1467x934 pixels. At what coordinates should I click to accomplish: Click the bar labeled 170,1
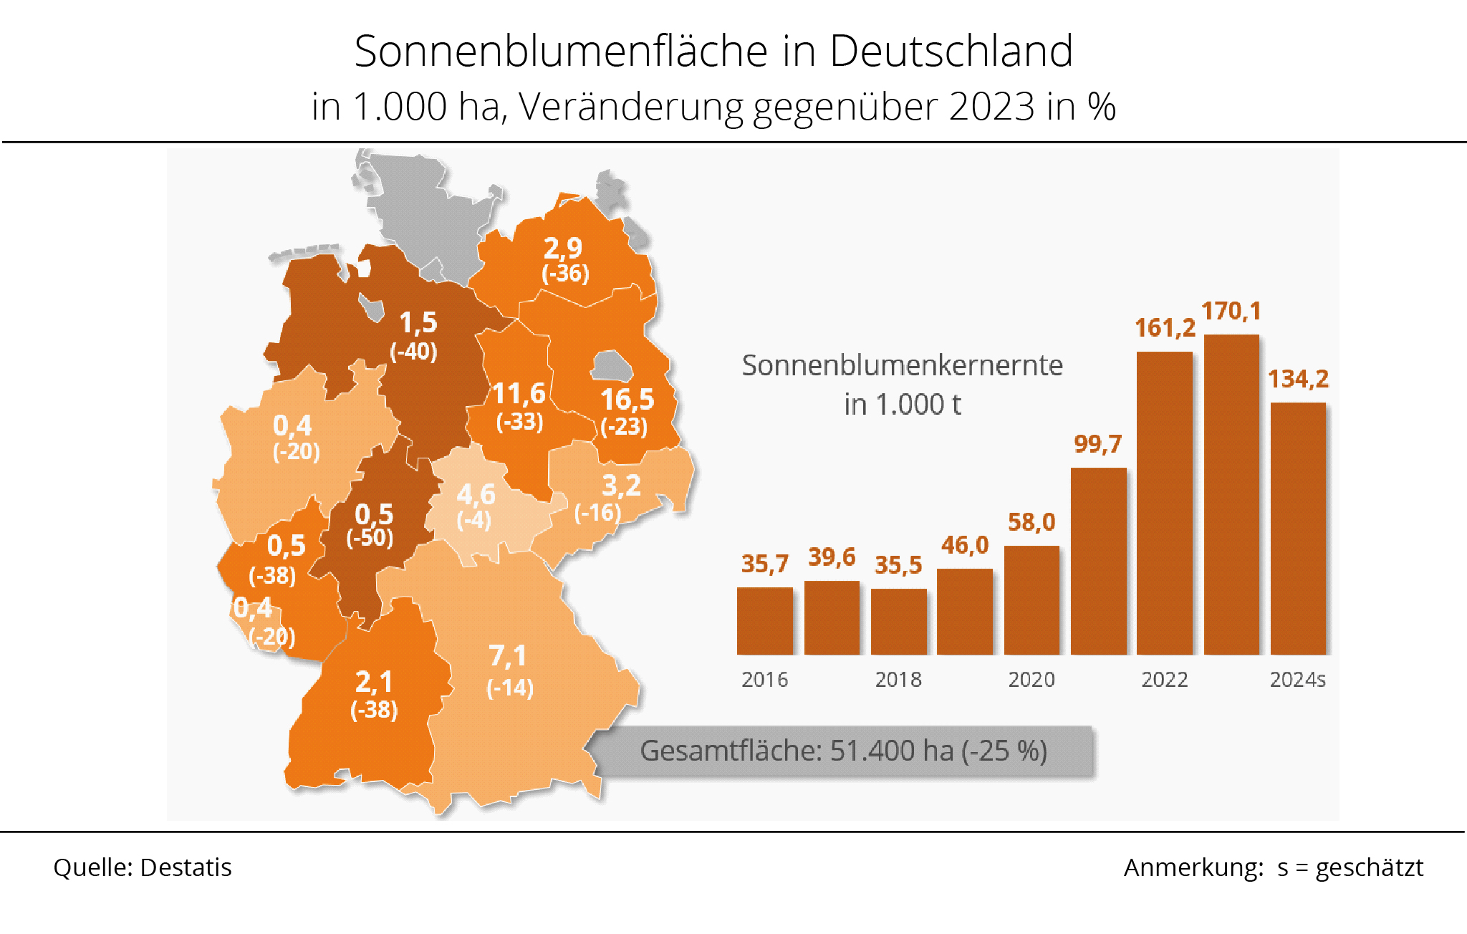[x=1231, y=494]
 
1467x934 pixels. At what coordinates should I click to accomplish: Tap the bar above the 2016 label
[x=764, y=620]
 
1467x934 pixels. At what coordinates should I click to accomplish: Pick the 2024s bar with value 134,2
[x=1298, y=529]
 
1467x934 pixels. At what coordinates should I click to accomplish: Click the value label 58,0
[x=1031, y=522]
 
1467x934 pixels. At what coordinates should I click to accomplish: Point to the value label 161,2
[x=1165, y=328]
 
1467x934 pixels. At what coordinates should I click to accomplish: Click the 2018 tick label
[x=898, y=679]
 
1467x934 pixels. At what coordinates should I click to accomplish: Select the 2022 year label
[x=1165, y=679]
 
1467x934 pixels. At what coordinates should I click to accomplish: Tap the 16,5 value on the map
[x=627, y=399]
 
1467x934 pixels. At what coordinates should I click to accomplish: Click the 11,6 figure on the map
[x=519, y=394]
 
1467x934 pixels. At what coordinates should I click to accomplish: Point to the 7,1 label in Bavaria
[x=507, y=656]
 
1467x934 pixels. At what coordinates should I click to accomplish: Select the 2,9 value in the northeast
[x=562, y=249]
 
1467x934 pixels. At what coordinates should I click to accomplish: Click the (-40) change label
[x=413, y=352]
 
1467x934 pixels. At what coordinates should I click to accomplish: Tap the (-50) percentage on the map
[x=370, y=537]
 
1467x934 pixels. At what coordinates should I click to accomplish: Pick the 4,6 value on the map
[x=476, y=494]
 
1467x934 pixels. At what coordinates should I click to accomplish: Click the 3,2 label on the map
[x=621, y=486]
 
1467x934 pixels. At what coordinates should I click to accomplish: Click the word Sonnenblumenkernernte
[x=902, y=365]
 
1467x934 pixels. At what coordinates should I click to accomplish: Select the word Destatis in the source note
[x=186, y=867]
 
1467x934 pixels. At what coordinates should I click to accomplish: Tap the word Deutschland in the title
[x=951, y=52]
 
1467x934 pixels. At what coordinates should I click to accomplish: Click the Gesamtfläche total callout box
[x=843, y=751]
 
